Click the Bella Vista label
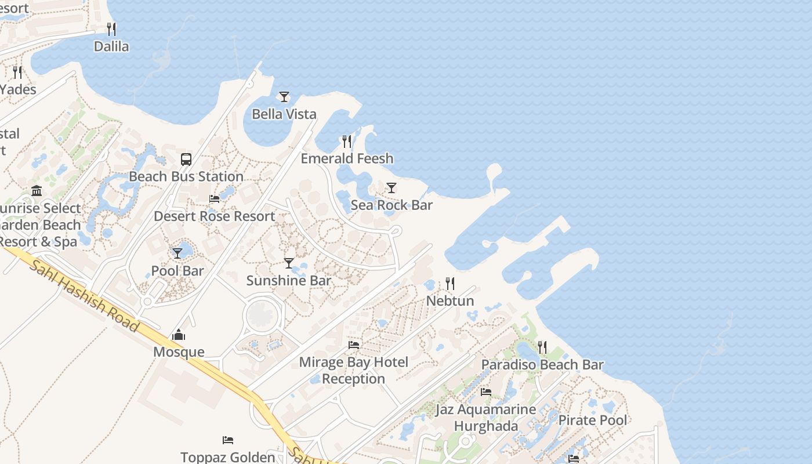(284, 114)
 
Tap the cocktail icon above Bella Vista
(284, 97)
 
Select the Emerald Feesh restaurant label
(347, 158)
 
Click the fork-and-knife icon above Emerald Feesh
(347, 141)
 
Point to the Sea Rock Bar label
(391, 205)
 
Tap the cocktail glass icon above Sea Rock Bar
(391, 188)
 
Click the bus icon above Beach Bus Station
(186, 159)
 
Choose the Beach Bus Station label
(186, 176)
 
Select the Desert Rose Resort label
(215, 216)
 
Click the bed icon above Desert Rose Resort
(215, 199)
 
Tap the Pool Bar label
(177, 271)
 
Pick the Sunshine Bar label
(289, 281)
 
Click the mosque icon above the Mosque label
(179, 335)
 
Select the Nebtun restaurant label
(450, 300)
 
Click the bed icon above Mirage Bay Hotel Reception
(354, 345)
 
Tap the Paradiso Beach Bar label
(542, 365)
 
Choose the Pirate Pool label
(593, 420)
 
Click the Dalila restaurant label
(111, 46)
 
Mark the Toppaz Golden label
(228, 457)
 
